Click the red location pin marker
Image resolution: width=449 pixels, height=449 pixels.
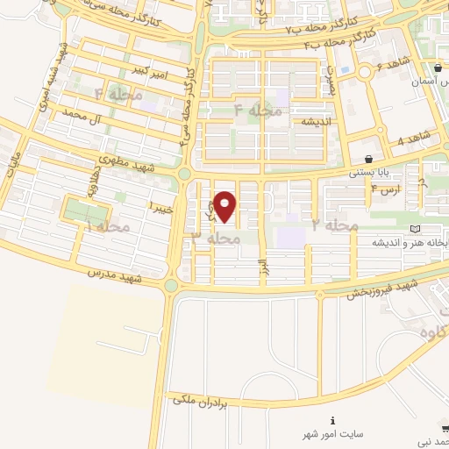coord(225,206)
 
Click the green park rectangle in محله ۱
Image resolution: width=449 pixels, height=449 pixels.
coord(87,212)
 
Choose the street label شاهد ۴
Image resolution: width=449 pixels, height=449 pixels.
coord(412,138)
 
